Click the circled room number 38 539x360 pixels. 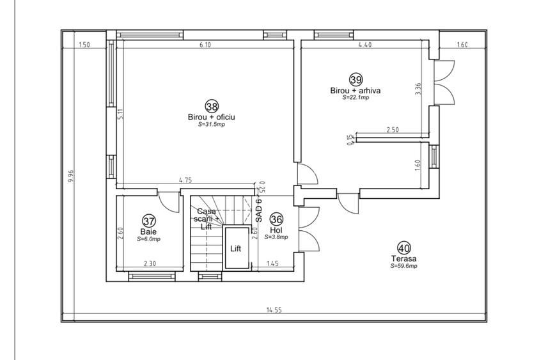(212, 106)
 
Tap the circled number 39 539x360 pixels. (355, 80)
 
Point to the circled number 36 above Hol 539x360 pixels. (276, 219)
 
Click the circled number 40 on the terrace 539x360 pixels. (404, 248)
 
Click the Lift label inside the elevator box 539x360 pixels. (235, 249)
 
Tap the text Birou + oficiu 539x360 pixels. (212, 117)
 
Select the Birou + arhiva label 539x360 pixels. (355, 91)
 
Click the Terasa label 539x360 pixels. (403, 258)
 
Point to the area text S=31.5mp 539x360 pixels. (212, 125)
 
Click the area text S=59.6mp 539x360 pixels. (403, 266)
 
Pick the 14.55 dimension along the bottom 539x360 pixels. (274, 310)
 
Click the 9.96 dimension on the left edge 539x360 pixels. (71, 176)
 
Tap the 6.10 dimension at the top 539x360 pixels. (205, 45)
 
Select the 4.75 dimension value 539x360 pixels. (185, 180)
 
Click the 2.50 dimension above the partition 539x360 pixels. (393, 130)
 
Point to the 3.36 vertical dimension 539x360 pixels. (418, 89)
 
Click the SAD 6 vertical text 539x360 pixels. (259, 210)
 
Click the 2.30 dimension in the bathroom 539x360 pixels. (150, 263)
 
